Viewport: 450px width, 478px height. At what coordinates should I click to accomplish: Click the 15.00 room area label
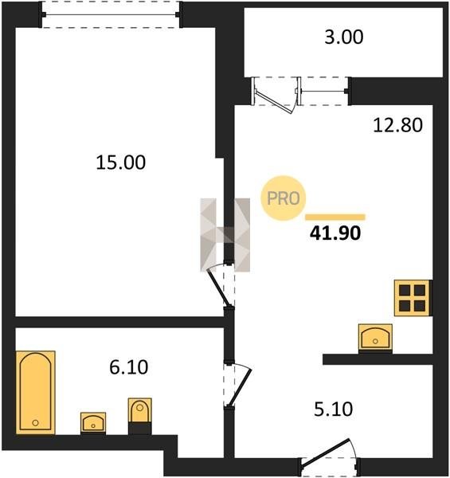tap(120, 163)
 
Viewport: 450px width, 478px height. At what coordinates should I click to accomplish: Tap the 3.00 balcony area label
tap(343, 37)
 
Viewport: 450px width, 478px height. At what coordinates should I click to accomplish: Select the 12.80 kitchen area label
tap(398, 125)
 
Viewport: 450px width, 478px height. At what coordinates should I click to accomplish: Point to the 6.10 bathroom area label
tap(129, 367)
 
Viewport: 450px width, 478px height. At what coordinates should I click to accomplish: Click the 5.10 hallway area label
tap(333, 409)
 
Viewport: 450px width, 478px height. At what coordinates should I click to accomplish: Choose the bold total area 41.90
tap(335, 233)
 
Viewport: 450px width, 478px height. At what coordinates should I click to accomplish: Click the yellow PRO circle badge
tap(284, 198)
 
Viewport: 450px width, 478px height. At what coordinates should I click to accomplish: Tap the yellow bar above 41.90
tap(335, 217)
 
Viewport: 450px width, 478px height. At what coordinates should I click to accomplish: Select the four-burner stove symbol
tap(413, 298)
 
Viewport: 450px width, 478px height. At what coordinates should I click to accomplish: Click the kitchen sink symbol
tap(375, 338)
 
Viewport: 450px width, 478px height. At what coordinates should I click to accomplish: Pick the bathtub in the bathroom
tap(35, 392)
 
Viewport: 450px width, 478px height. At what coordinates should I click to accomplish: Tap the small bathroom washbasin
tap(93, 422)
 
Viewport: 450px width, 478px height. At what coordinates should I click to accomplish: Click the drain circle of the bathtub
tap(35, 423)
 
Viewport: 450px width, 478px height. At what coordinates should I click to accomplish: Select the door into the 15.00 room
tap(217, 288)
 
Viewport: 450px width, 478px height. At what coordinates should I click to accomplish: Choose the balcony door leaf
tap(274, 101)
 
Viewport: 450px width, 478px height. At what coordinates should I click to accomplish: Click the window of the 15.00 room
tap(110, 14)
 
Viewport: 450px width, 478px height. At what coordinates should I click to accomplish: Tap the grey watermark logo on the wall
tap(225, 235)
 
